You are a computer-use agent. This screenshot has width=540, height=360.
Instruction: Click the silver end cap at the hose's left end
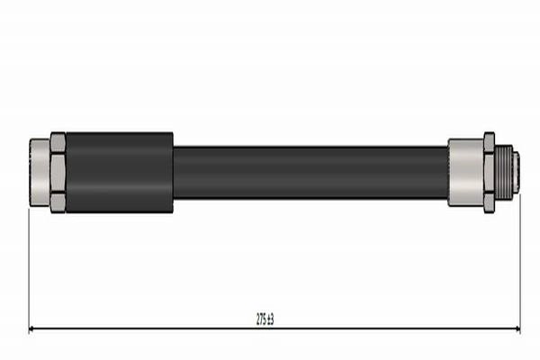tap(40, 173)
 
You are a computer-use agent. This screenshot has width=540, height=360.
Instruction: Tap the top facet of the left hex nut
tap(58, 142)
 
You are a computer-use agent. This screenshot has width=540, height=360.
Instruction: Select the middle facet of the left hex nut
tap(58, 173)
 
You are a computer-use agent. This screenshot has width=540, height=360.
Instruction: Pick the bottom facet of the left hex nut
tap(58, 202)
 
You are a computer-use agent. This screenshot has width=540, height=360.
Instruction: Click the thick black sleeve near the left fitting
tap(120, 173)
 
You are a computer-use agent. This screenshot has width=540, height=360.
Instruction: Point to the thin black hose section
tap(310, 173)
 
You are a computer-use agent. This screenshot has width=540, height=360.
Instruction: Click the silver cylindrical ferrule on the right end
tap(465, 173)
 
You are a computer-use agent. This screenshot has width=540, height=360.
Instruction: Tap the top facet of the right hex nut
tap(489, 142)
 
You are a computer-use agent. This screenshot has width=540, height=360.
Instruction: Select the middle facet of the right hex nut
tap(489, 173)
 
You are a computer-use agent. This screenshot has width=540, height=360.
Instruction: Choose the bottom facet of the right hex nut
tap(489, 203)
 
